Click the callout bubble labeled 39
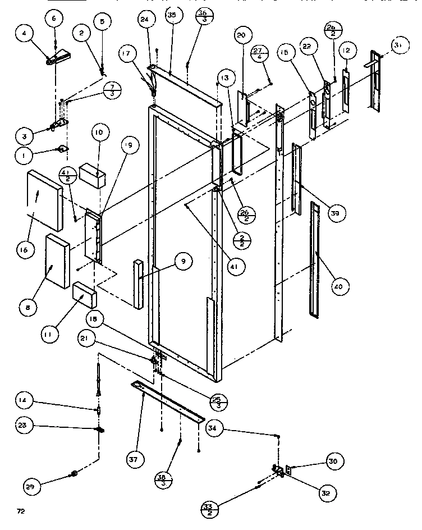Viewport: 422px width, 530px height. (x=338, y=213)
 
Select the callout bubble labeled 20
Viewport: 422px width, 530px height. (x=241, y=35)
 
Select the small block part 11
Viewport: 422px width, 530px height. (x=85, y=293)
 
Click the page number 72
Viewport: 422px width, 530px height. (x=21, y=511)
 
